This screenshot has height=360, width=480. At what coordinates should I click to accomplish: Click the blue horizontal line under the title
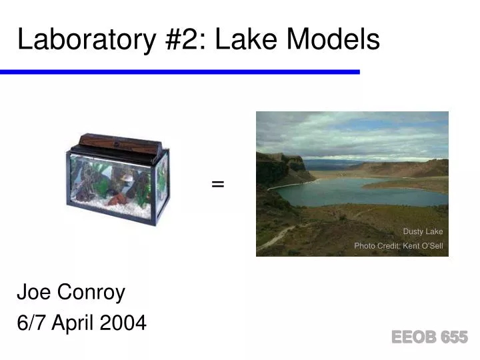[x=180, y=71]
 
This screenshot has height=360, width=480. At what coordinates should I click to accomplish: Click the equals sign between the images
[x=217, y=184]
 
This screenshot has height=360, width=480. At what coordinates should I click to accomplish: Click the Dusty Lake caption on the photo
[x=423, y=231]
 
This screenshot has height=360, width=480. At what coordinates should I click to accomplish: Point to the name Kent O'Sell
[x=423, y=246]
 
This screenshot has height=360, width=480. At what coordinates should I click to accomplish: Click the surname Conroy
[x=91, y=292]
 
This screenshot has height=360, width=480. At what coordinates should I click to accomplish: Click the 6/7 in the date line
[x=31, y=323]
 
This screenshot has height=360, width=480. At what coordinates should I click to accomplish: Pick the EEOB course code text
[x=413, y=337]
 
